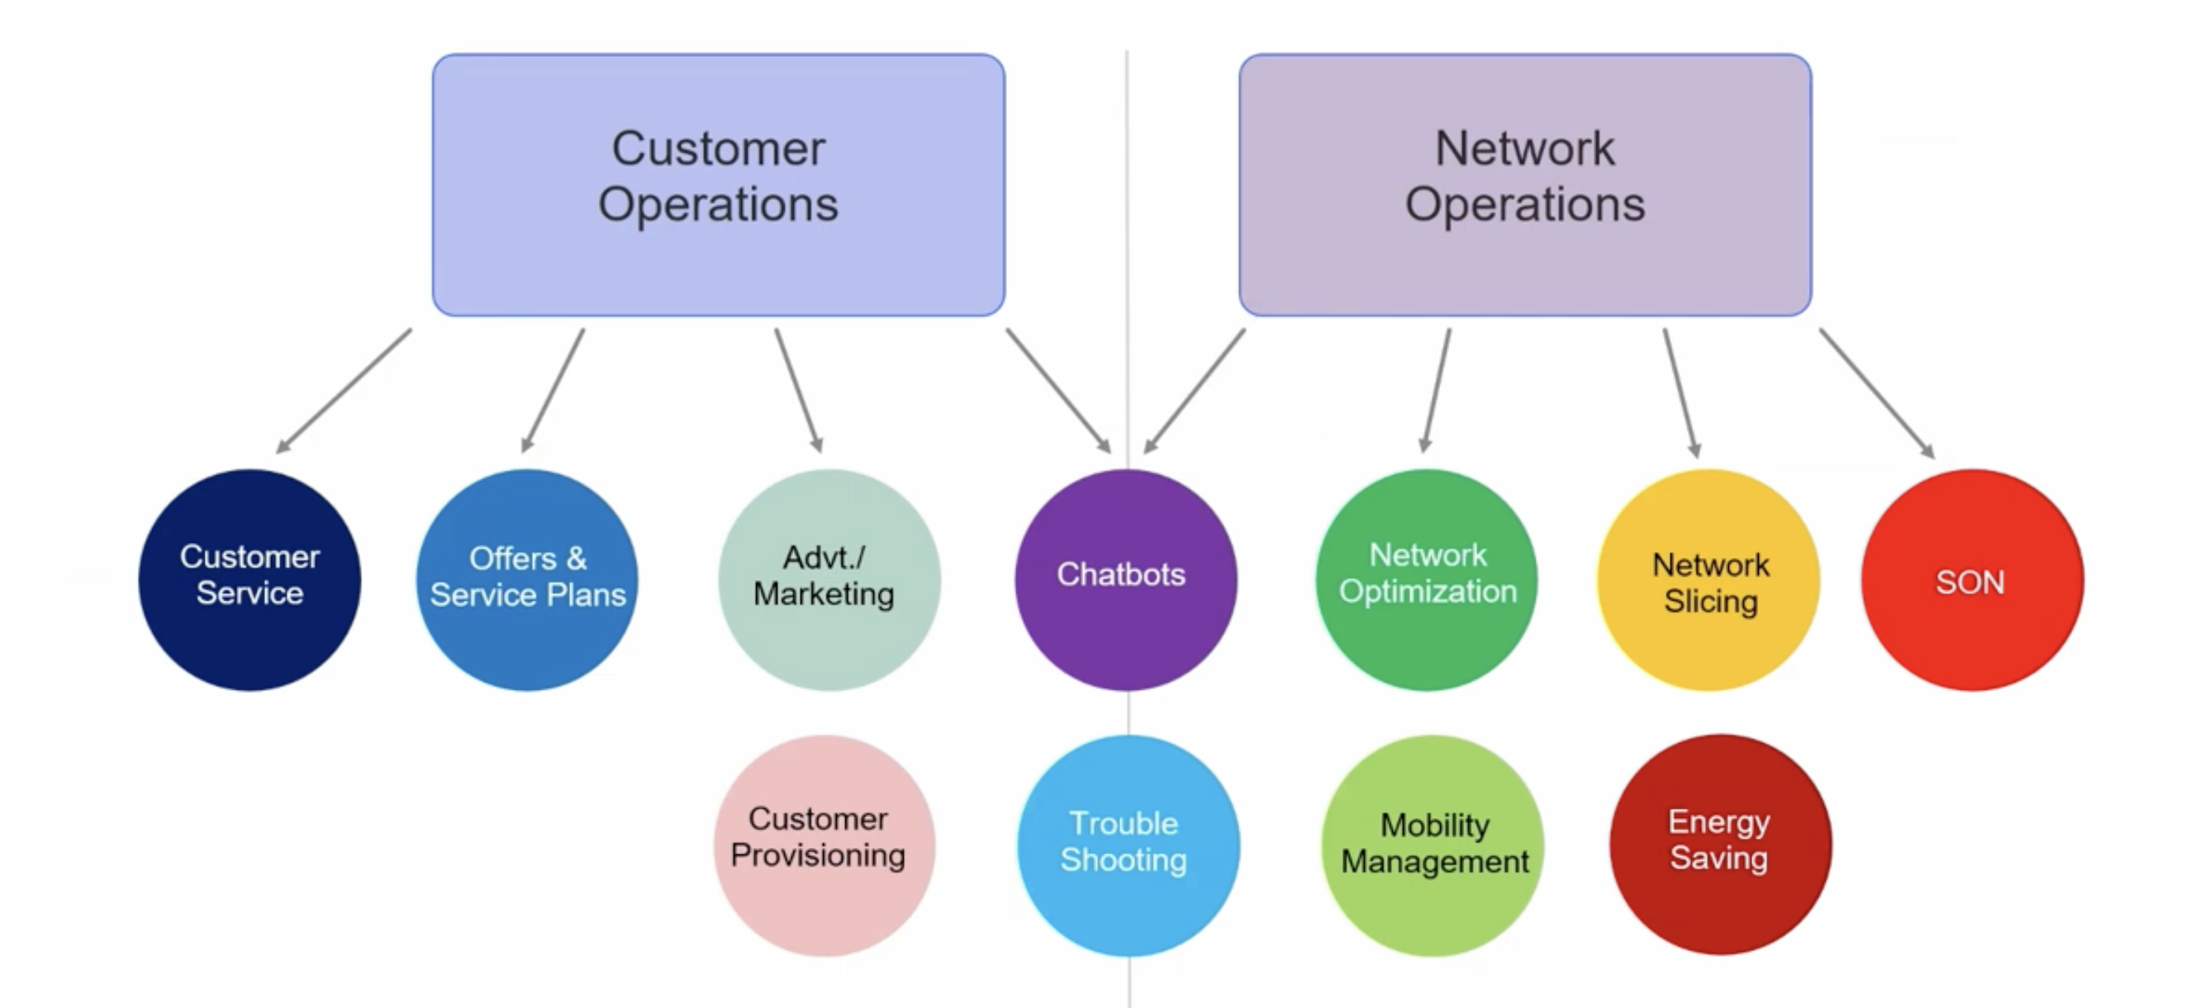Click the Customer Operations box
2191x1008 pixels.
tap(718, 184)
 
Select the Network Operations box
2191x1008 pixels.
tap(1524, 184)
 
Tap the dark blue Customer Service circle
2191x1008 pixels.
tap(250, 580)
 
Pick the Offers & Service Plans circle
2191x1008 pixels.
tap(527, 580)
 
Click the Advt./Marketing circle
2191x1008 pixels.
tap(829, 580)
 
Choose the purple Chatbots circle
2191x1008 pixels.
tap(1125, 580)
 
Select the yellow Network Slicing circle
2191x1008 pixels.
tap(1709, 580)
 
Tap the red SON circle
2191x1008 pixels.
tap(1971, 580)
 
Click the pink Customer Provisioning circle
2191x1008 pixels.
tap(825, 845)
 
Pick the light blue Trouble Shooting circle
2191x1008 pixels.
tap(1128, 845)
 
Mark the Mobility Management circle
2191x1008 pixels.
tap(1433, 845)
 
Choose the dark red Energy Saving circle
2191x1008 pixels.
tap(1720, 845)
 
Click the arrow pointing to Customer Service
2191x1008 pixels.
tap(344, 391)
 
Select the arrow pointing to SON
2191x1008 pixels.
tap(1876, 392)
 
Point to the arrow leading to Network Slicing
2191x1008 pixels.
tap(1679, 392)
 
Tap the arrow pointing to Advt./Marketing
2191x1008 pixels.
tap(798, 390)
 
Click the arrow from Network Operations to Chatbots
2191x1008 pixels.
tap(1194, 391)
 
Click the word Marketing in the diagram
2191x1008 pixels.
tap(824, 594)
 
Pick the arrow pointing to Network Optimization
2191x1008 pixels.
tap(1438, 390)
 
